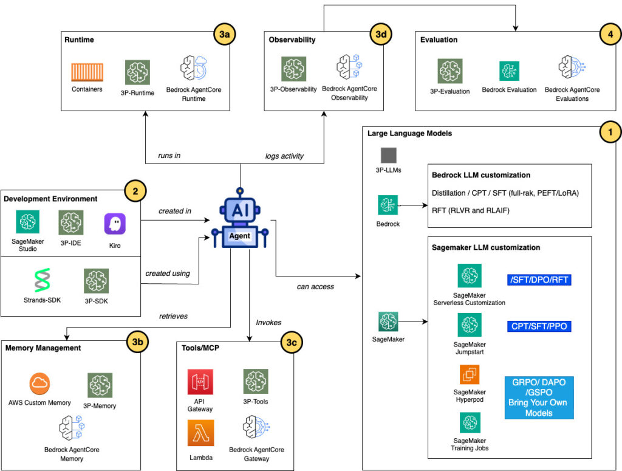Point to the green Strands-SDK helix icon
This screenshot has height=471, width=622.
pyautogui.click(x=41, y=281)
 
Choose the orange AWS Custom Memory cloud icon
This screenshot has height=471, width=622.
pyautogui.click(x=39, y=383)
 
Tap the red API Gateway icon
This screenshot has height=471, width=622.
pyautogui.click(x=200, y=381)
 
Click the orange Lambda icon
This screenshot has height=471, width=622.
pyautogui.click(x=200, y=433)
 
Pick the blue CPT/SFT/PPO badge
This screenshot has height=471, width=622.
pyautogui.click(x=539, y=326)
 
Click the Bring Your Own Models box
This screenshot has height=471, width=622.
pyautogui.click(x=539, y=397)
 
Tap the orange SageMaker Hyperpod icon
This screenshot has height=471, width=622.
pyautogui.click(x=470, y=374)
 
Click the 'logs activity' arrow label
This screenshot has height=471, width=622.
pyautogui.click(x=285, y=156)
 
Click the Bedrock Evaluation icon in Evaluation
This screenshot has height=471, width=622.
pyautogui.click(x=509, y=71)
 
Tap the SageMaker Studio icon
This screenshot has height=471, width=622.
pyautogui.click(x=28, y=222)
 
